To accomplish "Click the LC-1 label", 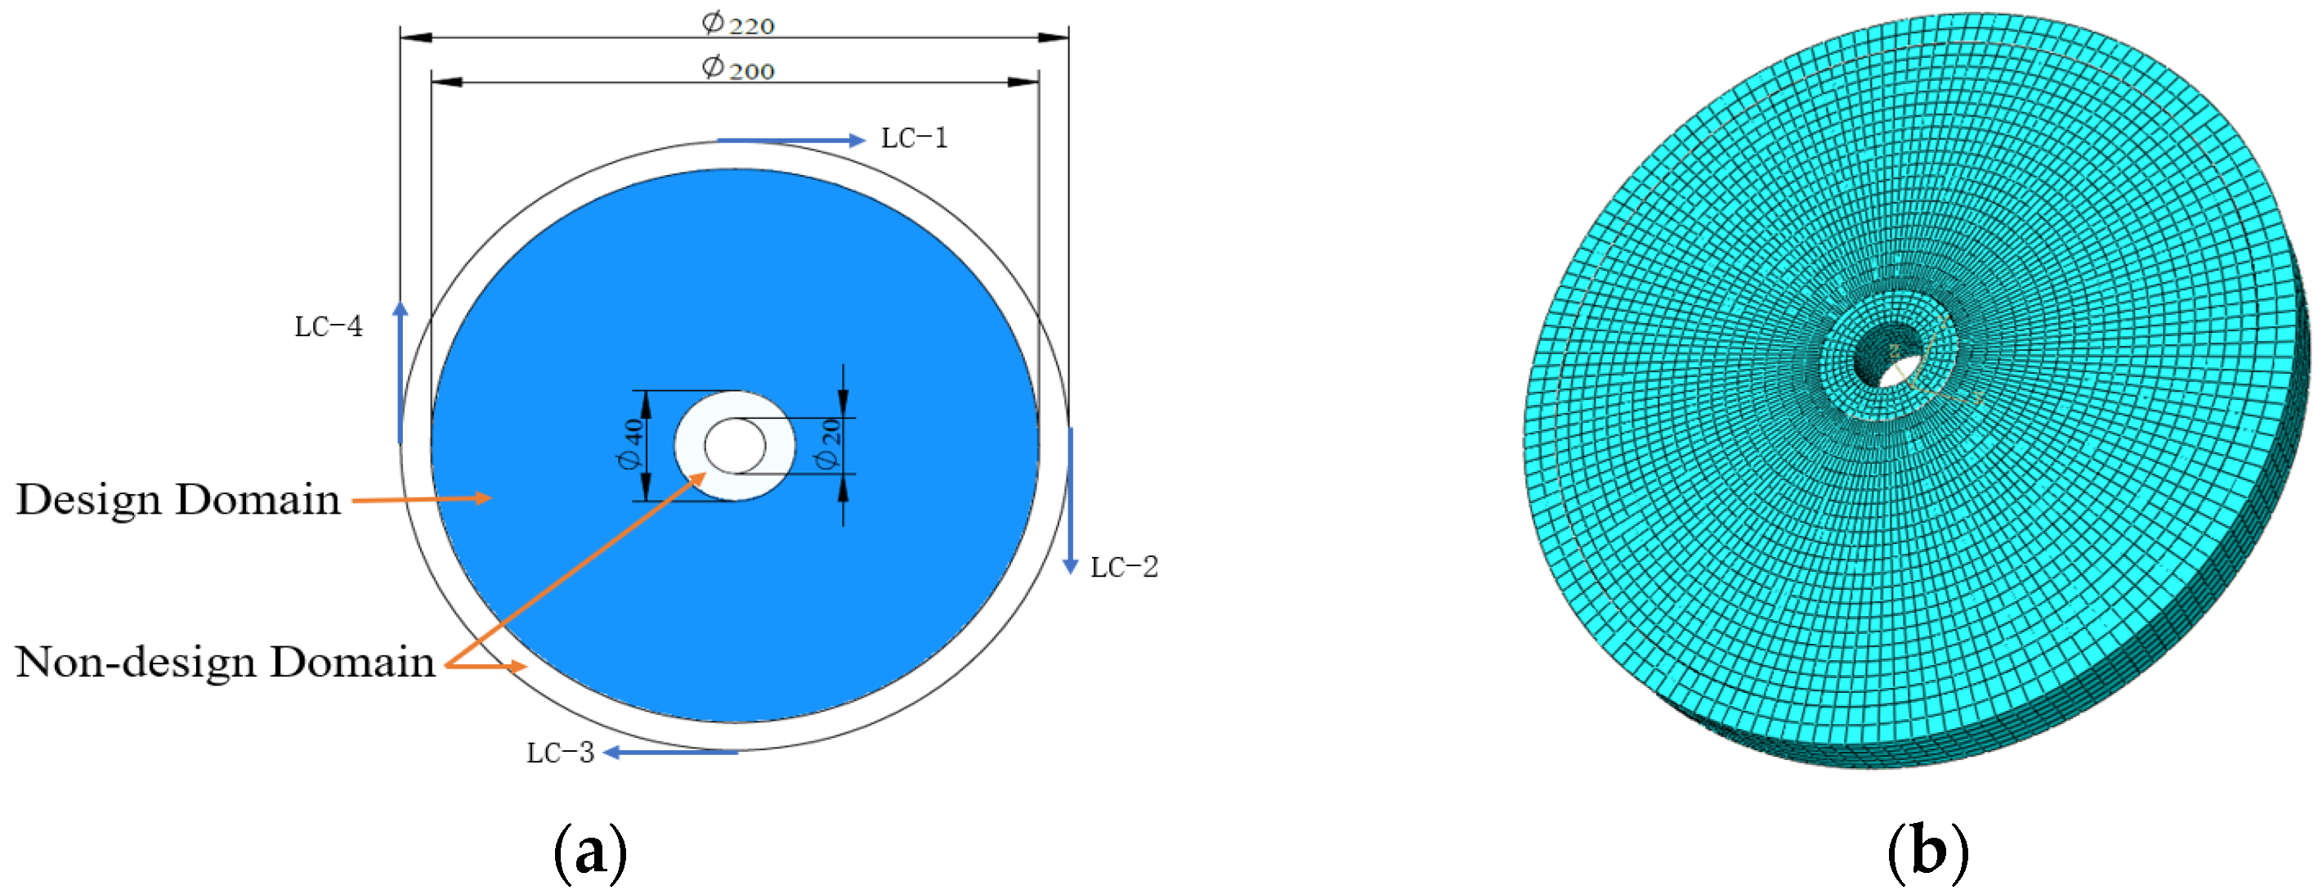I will click(914, 138).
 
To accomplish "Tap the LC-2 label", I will click(1124, 567).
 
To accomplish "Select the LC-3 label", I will click(560, 753).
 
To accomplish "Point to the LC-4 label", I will click(329, 326).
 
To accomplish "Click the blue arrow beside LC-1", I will click(790, 140).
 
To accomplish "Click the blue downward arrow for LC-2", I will click(1071, 501).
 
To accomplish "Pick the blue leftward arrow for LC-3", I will click(671, 753).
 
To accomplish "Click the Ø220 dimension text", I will click(737, 23).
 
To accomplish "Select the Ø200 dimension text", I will click(737, 68).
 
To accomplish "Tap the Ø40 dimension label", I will click(630, 444).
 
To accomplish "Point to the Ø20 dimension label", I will click(828, 444).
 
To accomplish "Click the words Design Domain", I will click(178, 499).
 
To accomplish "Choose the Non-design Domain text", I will click(226, 661).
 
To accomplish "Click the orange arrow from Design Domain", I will click(420, 498).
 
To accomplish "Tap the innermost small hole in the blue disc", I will click(735, 445).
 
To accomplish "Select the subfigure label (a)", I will click(590, 851).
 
